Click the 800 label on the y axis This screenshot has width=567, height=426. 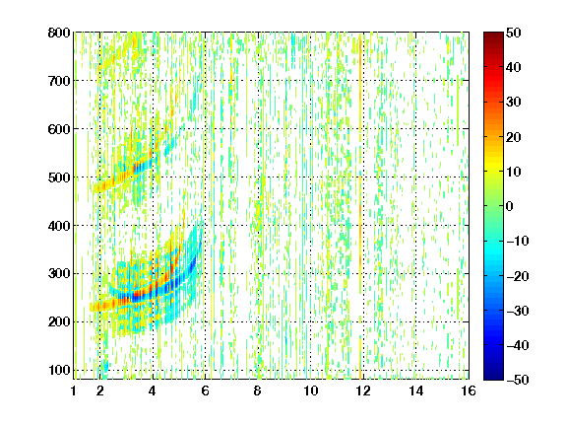click(x=59, y=33)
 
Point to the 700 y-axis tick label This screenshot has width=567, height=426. click(x=59, y=81)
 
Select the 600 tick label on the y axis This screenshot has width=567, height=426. click(x=59, y=129)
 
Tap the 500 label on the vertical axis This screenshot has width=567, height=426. click(x=59, y=177)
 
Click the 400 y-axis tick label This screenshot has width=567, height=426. click(x=59, y=226)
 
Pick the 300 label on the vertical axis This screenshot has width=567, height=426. click(x=59, y=274)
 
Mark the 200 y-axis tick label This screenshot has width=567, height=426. click(x=59, y=322)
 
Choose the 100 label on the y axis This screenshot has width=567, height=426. click(x=59, y=370)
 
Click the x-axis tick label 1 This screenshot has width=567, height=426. click(x=74, y=390)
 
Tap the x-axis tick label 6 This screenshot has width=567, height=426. click(x=206, y=390)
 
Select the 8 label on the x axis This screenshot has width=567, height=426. click(x=258, y=390)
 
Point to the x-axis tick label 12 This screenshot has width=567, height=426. click(x=363, y=390)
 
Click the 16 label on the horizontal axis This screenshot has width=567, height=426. click(x=469, y=390)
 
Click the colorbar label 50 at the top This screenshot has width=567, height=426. click(x=513, y=33)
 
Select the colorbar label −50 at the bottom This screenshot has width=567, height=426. click(x=518, y=380)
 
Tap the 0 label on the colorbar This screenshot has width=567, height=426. click(x=510, y=206)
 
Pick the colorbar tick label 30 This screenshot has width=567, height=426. click(x=513, y=103)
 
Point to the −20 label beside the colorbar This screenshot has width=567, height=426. click(x=518, y=276)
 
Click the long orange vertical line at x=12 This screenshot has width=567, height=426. click(x=360, y=206)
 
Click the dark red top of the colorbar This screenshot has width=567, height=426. click(x=493, y=36)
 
